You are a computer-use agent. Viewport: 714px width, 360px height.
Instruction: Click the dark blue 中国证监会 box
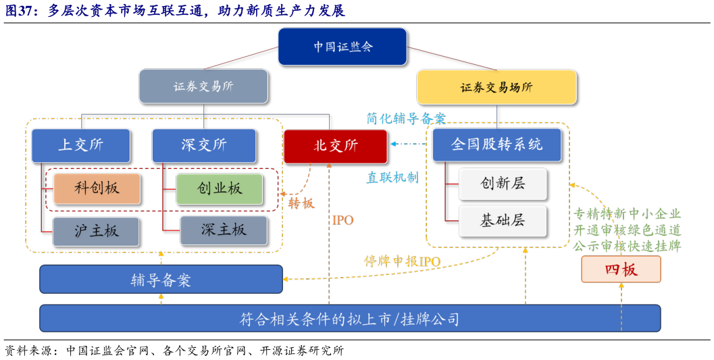coord(342,47)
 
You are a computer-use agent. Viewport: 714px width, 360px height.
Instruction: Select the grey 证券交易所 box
coord(203,86)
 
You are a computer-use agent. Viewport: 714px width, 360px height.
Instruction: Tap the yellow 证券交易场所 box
coord(496,87)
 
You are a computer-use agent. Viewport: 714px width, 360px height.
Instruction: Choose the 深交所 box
coord(204,145)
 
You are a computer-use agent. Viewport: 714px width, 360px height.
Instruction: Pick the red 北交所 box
coord(336,146)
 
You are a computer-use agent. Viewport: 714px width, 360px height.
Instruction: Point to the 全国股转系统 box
coord(496,145)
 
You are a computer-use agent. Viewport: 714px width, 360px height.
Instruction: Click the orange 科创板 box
coord(97,188)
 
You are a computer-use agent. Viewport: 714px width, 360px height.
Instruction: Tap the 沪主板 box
coord(97,231)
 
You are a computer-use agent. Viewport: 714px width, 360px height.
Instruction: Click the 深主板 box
coord(223,230)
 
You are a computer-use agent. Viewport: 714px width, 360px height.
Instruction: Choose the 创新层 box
coord(503,184)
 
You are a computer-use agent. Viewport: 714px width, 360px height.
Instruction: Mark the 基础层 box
coord(503,220)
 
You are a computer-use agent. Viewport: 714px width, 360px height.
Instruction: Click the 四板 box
coord(621,269)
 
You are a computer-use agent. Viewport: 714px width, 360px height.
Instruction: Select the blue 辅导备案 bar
coord(161,279)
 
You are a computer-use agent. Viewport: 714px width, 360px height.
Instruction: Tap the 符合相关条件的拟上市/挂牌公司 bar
coord(350,318)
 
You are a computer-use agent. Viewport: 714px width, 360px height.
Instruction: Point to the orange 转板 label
coord(301,203)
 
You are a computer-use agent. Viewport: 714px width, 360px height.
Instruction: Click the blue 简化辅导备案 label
coord(407,118)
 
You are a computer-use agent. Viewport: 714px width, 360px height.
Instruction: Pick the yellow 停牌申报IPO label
coord(402,261)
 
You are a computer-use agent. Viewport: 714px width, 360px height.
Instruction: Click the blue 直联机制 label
coord(392,178)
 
